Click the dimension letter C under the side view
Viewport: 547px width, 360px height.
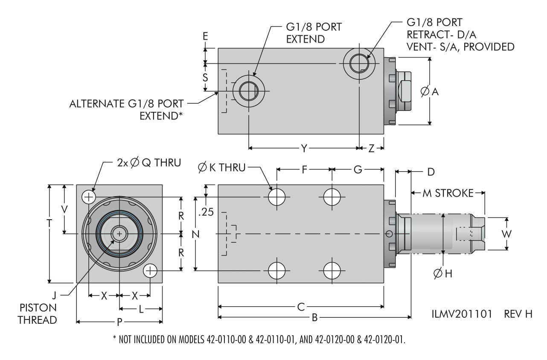coord(301,306)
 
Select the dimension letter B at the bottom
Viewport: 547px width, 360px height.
coord(314,317)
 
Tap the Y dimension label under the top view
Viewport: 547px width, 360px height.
coord(304,148)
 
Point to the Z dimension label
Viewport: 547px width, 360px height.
coord(371,148)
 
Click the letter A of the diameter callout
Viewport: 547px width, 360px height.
coord(435,91)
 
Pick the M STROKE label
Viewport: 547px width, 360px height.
coord(448,193)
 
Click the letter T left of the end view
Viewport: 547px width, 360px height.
coord(50,224)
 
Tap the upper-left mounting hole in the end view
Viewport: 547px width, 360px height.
coord(89,197)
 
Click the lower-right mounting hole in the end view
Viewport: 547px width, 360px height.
coord(150,270)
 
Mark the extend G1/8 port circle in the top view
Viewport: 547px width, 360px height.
coord(248,90)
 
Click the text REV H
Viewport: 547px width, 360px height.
coord(518,314)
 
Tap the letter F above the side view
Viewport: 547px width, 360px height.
coord(304,169)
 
